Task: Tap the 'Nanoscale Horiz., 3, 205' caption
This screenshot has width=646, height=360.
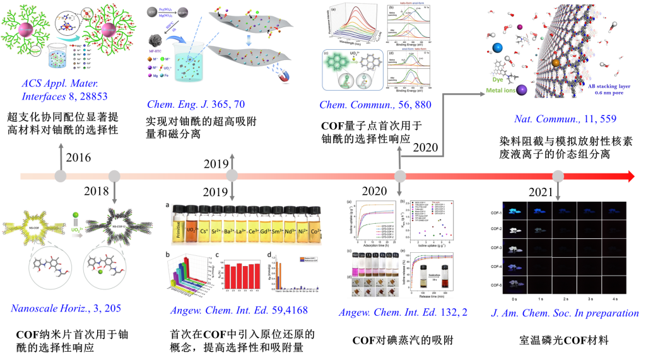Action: click(66, 308)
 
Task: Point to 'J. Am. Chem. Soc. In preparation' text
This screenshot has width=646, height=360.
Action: click(566, 313)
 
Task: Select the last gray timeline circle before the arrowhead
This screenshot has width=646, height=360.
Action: click(557, 177)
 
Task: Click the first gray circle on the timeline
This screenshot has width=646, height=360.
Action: click(61, 177)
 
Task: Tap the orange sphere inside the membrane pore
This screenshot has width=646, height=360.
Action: click(555, 62)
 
